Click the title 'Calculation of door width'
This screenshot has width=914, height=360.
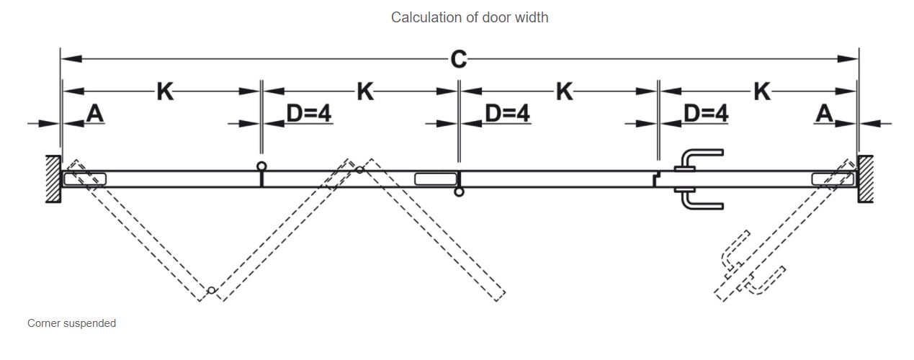470,17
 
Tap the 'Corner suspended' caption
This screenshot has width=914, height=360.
71,323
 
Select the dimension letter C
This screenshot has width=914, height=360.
458,60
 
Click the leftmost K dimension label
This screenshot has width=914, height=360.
165,91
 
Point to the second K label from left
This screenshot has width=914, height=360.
365,91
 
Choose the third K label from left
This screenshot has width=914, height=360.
565,91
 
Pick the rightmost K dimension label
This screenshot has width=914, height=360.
762,91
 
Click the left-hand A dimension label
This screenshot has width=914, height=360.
94,113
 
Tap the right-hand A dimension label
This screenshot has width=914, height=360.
825,113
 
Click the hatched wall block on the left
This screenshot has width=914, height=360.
53,179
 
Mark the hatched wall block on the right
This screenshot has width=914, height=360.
865,179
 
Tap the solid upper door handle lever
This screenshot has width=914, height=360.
702,156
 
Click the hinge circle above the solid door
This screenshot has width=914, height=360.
261,166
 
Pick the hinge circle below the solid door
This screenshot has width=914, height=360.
460,192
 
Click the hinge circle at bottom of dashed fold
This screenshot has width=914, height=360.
210,290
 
